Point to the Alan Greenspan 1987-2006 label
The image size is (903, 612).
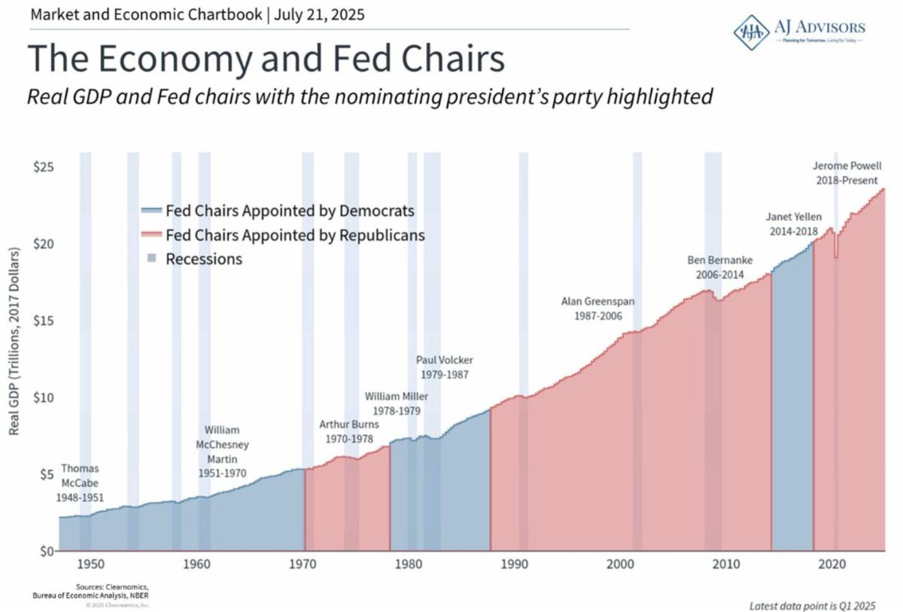click(597, 309)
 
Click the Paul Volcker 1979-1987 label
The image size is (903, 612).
click(445, 367)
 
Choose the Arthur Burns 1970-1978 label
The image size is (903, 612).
click(349, 431)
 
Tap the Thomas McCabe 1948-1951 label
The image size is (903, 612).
click(79, 483)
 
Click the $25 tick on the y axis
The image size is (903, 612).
click(41, 167)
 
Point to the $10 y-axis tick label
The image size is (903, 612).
click(41, 397)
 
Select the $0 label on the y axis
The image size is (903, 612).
click(44, 551)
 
